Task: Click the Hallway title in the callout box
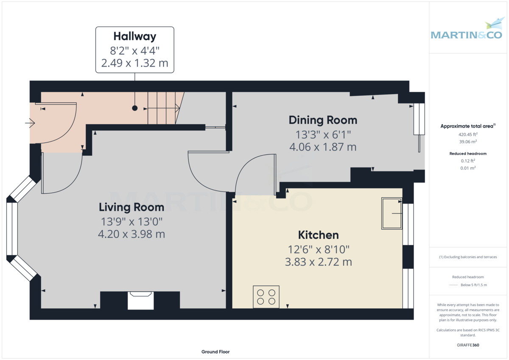click(x=135, y=36)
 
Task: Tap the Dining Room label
click(x=323, y=120)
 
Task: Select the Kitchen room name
click(x=319, y=235)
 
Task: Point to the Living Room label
click(x=131, y=207)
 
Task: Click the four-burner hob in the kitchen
click(x=266, y=297)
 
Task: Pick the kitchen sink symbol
click(x=392, y=213)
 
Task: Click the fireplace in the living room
click(x=141, y=301)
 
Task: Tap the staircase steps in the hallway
click(x=164, y=108)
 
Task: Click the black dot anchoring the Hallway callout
click(x=135, y=108)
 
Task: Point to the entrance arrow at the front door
click(x=30, y=123)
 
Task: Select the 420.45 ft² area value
click(x=468, y=134)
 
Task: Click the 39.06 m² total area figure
click(x=468, y=142)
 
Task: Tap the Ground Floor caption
click(x=215, y=352)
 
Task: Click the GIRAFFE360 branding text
click(x=468, y=345)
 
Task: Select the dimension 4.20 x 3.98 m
click(x=131, y=234)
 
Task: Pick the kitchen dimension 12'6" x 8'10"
click(x=319, y=250)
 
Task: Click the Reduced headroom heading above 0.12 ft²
click(x=468, y=153)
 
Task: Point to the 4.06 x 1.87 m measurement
click(x=323, y=147)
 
